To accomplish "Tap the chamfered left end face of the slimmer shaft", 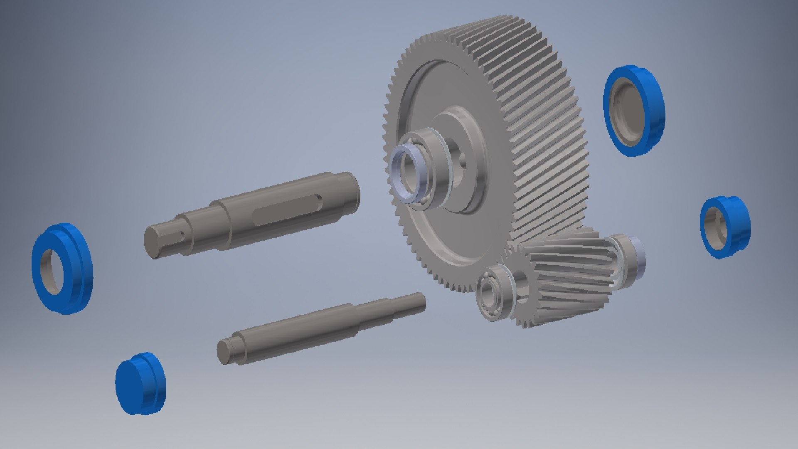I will tap(224, 352).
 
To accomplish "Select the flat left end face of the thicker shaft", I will tap(152, 242).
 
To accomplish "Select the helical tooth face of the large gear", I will tap(540, 125).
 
